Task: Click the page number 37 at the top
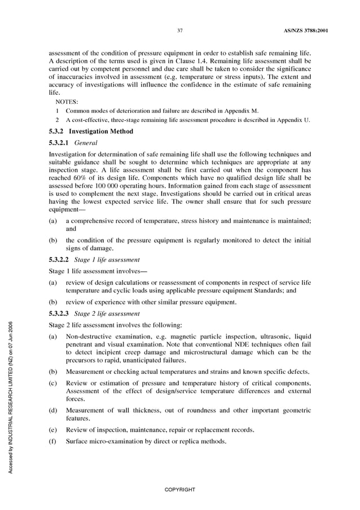point(179,30)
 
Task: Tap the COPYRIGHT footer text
point(179,489)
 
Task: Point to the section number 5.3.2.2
point(59,259)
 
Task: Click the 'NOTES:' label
point(67,102)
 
